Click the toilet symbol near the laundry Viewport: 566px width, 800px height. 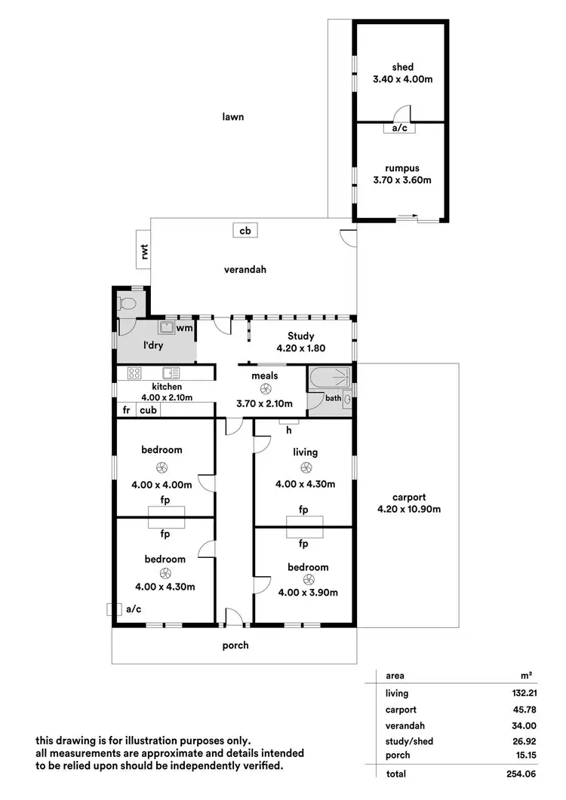pyautogui.click(x=128, y=304)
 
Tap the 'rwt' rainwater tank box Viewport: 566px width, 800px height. pyautogui.click(x=143, y=249)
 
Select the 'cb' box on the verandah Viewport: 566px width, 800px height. pyautogui.click(x=245, y=231)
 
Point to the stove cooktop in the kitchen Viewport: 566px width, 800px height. pyautogui.click(x=135, y=372)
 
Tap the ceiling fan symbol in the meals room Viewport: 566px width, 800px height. pyautogui.click(x=265, y=389)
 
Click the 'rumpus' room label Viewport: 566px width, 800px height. pyautogui.click(x=401, y=168)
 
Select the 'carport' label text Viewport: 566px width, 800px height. pyautogui.click(x=408, y=497)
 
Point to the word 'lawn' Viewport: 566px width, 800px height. pyautogui.click(x=233, y=117)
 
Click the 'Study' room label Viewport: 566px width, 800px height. pyautogui.click(x=300, y=336)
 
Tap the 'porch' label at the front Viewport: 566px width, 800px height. pyautogui.click(x=235, y=645)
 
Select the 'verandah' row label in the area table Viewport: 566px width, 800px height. pyautogui.click(x=401, y=725)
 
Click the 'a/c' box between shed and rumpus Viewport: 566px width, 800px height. pyautogui.click(x=399, y=128)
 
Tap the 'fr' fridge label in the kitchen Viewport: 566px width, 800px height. pyautogui.click(x=125, y=410)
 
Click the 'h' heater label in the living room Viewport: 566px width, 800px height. pyautogui.click(x=288, y=431)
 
